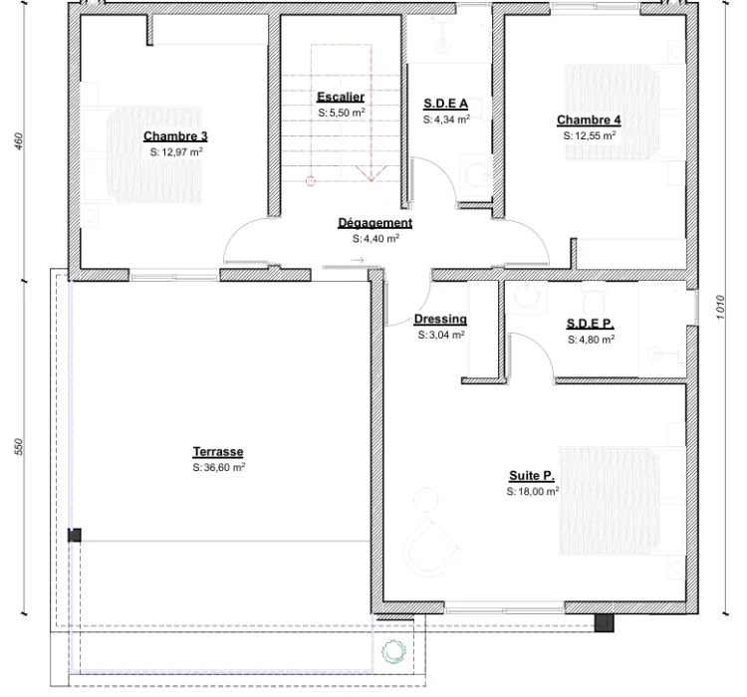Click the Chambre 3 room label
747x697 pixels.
point(175,136)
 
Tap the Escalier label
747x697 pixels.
point(341,97)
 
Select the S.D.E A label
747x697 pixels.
point(446,104)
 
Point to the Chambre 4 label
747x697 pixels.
point(589,120)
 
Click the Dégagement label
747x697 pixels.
point(375,222)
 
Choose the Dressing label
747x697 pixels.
point(440,320)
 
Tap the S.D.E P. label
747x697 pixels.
point(591,324)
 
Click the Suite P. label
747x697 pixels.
point(532,476)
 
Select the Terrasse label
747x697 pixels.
point(218,452)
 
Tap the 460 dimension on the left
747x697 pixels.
point(19,141)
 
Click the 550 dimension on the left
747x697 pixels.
point(19,447)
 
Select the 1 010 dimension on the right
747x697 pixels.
point(720,308)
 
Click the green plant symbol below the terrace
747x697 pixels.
point(394,651)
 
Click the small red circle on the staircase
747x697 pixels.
point(311,181)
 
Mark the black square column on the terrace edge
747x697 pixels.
point(75,536)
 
